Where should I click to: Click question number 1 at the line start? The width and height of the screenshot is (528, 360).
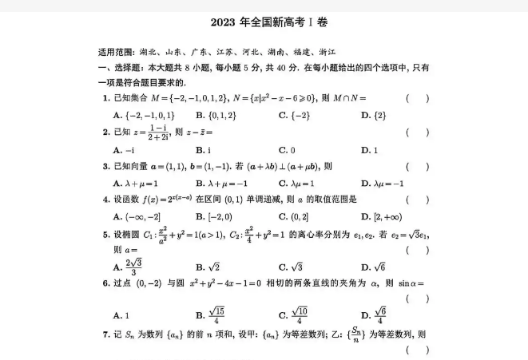click(x=105, y=98)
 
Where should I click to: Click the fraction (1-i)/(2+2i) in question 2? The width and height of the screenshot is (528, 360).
click(x=159, y=133)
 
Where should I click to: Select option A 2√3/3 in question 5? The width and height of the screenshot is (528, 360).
click(x=132, y=267)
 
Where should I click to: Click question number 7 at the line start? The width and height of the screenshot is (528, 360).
click(x=105, y=334)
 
